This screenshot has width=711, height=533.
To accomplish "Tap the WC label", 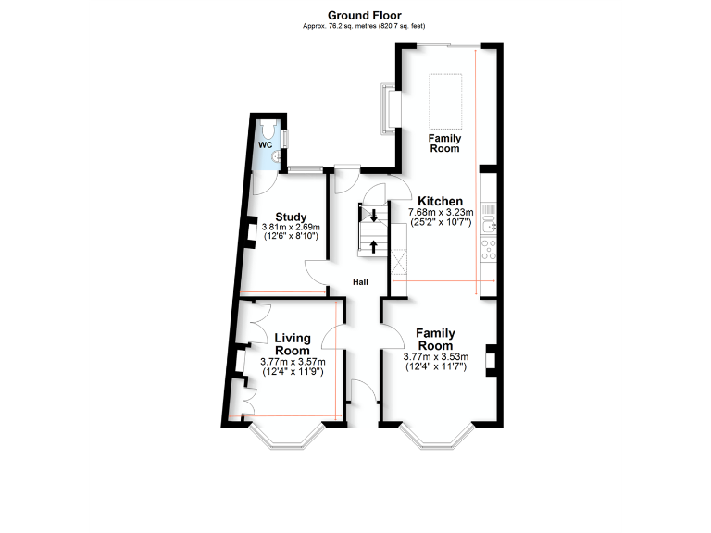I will point(265,144).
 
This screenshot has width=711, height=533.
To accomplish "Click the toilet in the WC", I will point(268,129).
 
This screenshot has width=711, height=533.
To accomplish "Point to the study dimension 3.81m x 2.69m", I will point(290,228).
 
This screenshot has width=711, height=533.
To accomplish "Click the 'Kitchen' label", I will point(440,201).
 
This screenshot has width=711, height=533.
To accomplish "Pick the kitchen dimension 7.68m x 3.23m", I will point(441,212).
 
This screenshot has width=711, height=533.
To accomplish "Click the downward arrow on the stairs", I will point(373,217).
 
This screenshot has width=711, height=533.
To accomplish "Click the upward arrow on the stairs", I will point(373,245).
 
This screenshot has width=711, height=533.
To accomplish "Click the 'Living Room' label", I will point(293,344).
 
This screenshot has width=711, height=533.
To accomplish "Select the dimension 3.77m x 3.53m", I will point(436,356).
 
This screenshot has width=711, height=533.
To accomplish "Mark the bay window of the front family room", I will point(443,438).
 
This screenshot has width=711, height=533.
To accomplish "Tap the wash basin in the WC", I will point(277,155).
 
